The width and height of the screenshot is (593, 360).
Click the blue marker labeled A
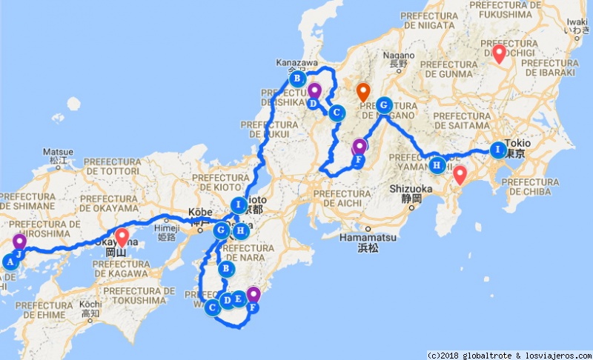point(10,261)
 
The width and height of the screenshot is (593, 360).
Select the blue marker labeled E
point(238,299)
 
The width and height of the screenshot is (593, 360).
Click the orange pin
point(363,93)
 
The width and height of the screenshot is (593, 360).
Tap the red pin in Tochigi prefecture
point(499,53)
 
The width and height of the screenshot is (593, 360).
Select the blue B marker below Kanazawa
point(296,78)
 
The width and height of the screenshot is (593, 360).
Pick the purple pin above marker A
point(19,241)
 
